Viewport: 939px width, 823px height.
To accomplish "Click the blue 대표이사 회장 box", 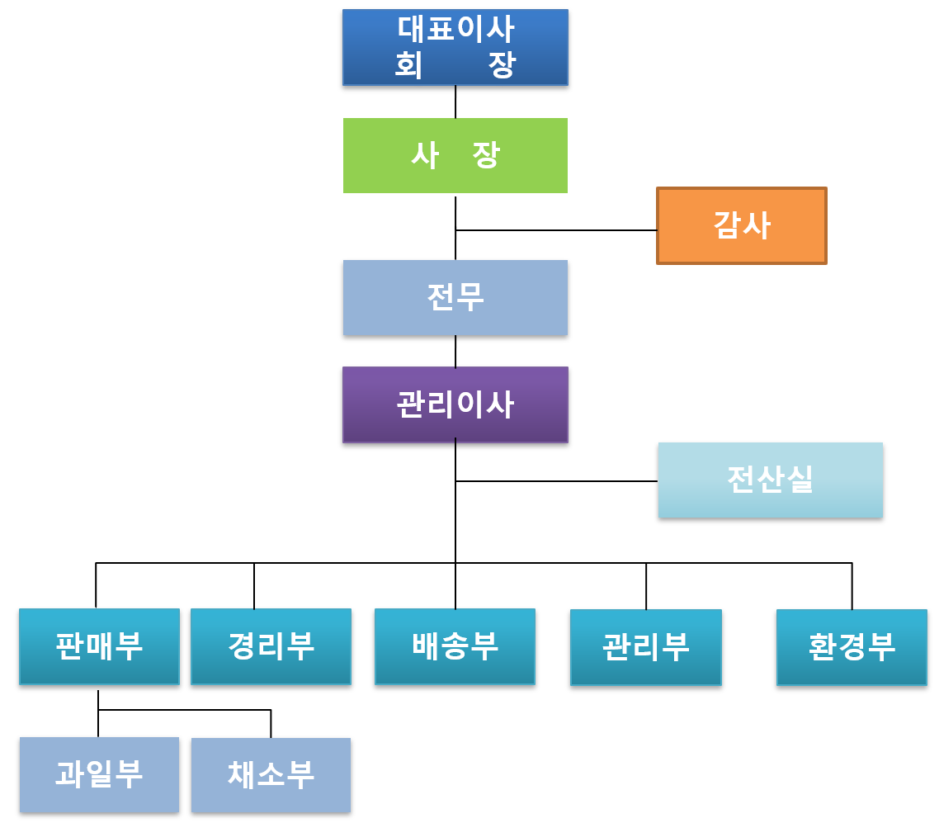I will tap(455, 47).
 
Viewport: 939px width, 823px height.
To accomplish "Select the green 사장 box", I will tap(455, 155).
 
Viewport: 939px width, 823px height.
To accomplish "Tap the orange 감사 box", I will tap(741, 225).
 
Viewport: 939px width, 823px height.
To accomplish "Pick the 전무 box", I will tap(455, 297).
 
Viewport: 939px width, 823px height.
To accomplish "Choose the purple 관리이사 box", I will tap(455, 404).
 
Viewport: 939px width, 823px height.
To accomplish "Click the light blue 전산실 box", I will tap(770, 480).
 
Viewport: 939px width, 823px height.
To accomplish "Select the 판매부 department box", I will tap(99, 646).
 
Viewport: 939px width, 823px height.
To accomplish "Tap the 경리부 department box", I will tap(271, 646).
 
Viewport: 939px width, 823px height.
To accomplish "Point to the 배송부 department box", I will tap(455, 646).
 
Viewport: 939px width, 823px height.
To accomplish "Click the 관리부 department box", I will tap(645, 647).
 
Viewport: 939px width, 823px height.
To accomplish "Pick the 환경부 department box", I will tap(852, 647).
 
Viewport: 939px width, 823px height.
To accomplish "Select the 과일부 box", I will tap(99, 774).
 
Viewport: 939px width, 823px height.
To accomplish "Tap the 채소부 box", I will tap(271, 775).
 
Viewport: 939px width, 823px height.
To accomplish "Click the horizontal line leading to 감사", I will tap(556, 230).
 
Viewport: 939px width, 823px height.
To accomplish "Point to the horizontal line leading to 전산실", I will tap(556, 480).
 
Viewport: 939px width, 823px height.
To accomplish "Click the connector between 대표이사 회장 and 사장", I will tap(455, 102).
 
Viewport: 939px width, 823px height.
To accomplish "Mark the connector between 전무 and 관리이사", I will tap(455, 351).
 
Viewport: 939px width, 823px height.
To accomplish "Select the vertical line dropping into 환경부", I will tap(852, 586).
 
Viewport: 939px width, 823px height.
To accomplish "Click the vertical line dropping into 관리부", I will tap(646, 586).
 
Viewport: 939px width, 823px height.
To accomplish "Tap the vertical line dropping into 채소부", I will tap(271, 724).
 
